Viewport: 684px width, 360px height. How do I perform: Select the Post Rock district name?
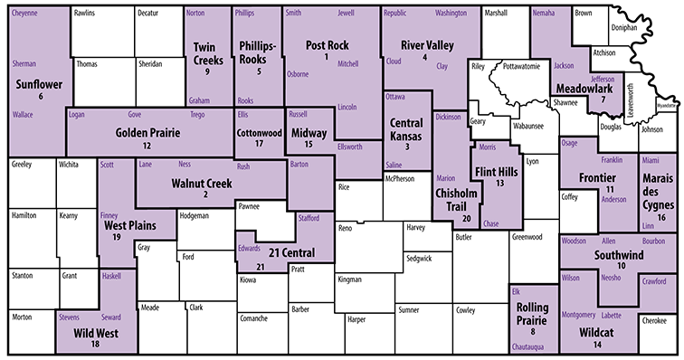coord(328,44)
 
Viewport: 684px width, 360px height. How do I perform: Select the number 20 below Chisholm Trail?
coord(467,219)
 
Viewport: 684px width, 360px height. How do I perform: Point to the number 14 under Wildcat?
coord(596,345)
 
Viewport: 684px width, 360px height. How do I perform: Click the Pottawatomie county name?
coord(522,67)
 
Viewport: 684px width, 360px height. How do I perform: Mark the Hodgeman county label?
coord(195,215)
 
